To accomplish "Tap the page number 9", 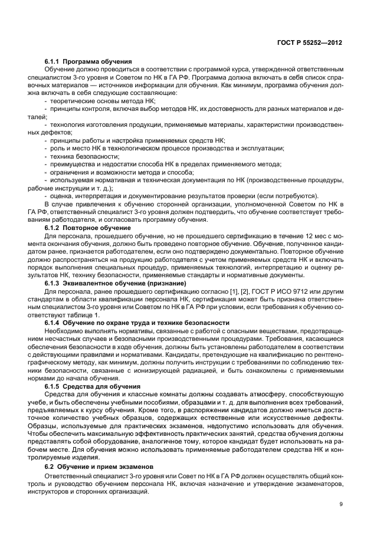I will pyautogui.click(x=342, y=504).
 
